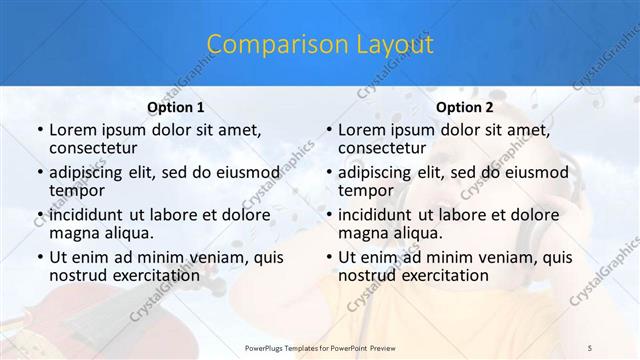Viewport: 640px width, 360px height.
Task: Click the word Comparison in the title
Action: click(263, 45)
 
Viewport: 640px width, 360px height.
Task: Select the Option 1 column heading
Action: click(175, 108)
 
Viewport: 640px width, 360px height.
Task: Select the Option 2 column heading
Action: click(464, 108)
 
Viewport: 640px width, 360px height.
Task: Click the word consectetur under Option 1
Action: click(98, 148)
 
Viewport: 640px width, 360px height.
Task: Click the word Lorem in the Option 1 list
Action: click(71, 130)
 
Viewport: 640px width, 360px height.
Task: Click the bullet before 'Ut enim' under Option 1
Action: click(38, 257)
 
